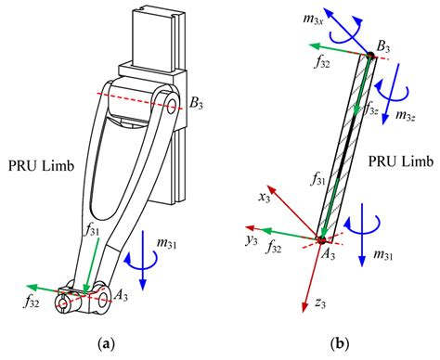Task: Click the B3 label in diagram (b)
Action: (381, 46)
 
